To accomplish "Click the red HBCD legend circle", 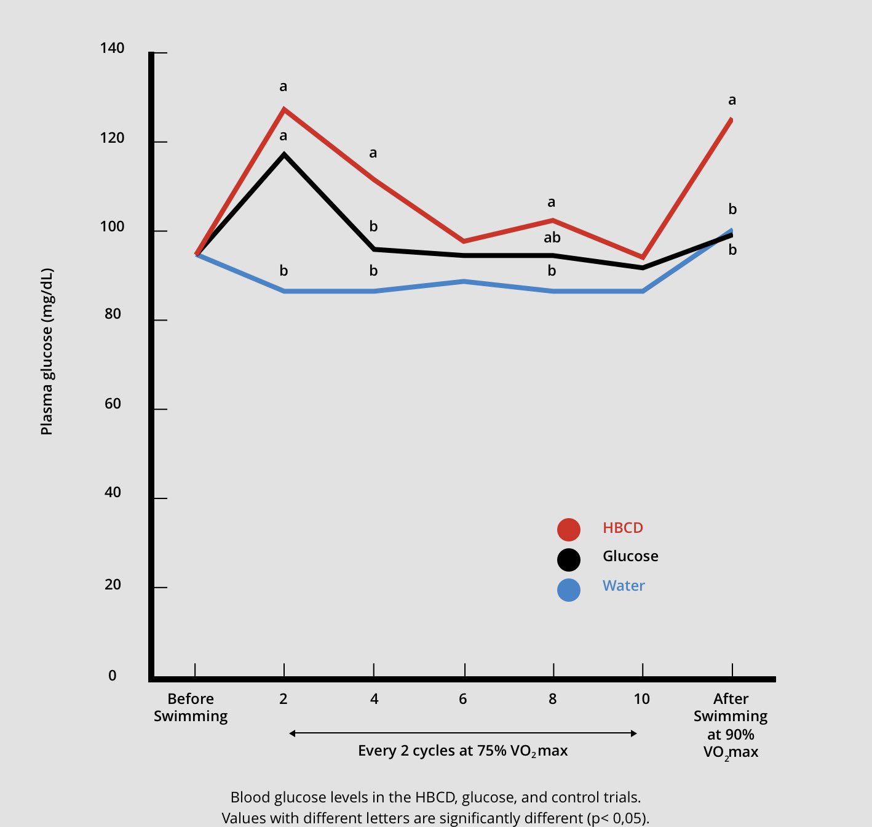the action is tap(569, 530).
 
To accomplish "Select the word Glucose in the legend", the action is tap(630, 556).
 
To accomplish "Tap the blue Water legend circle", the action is tap(569, 590).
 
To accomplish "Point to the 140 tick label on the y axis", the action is tap(112, 48).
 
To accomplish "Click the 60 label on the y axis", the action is tap(113, 404).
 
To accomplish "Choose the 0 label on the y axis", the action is tap(112, 676).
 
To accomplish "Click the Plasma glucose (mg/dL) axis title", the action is tap(47, 351).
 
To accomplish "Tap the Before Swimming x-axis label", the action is tap(191, 708).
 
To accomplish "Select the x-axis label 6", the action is tap(462, 699).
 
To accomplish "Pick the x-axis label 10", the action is tap(641, 699).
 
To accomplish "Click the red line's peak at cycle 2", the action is tap(284, 108).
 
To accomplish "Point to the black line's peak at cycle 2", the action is tap(284, 154).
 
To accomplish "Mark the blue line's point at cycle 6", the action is tap(464, 281).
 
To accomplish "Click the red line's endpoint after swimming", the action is tap(731, 119).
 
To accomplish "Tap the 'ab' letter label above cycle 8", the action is tap(552, 238).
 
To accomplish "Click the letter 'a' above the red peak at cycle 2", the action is tap(283, 87).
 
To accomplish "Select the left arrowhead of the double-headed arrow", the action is tap(292, 733).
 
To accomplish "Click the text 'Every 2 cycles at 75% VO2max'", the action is tap(462, 751).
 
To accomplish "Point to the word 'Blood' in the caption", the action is tap(250, 797).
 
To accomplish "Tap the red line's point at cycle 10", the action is tap(643, 257).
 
